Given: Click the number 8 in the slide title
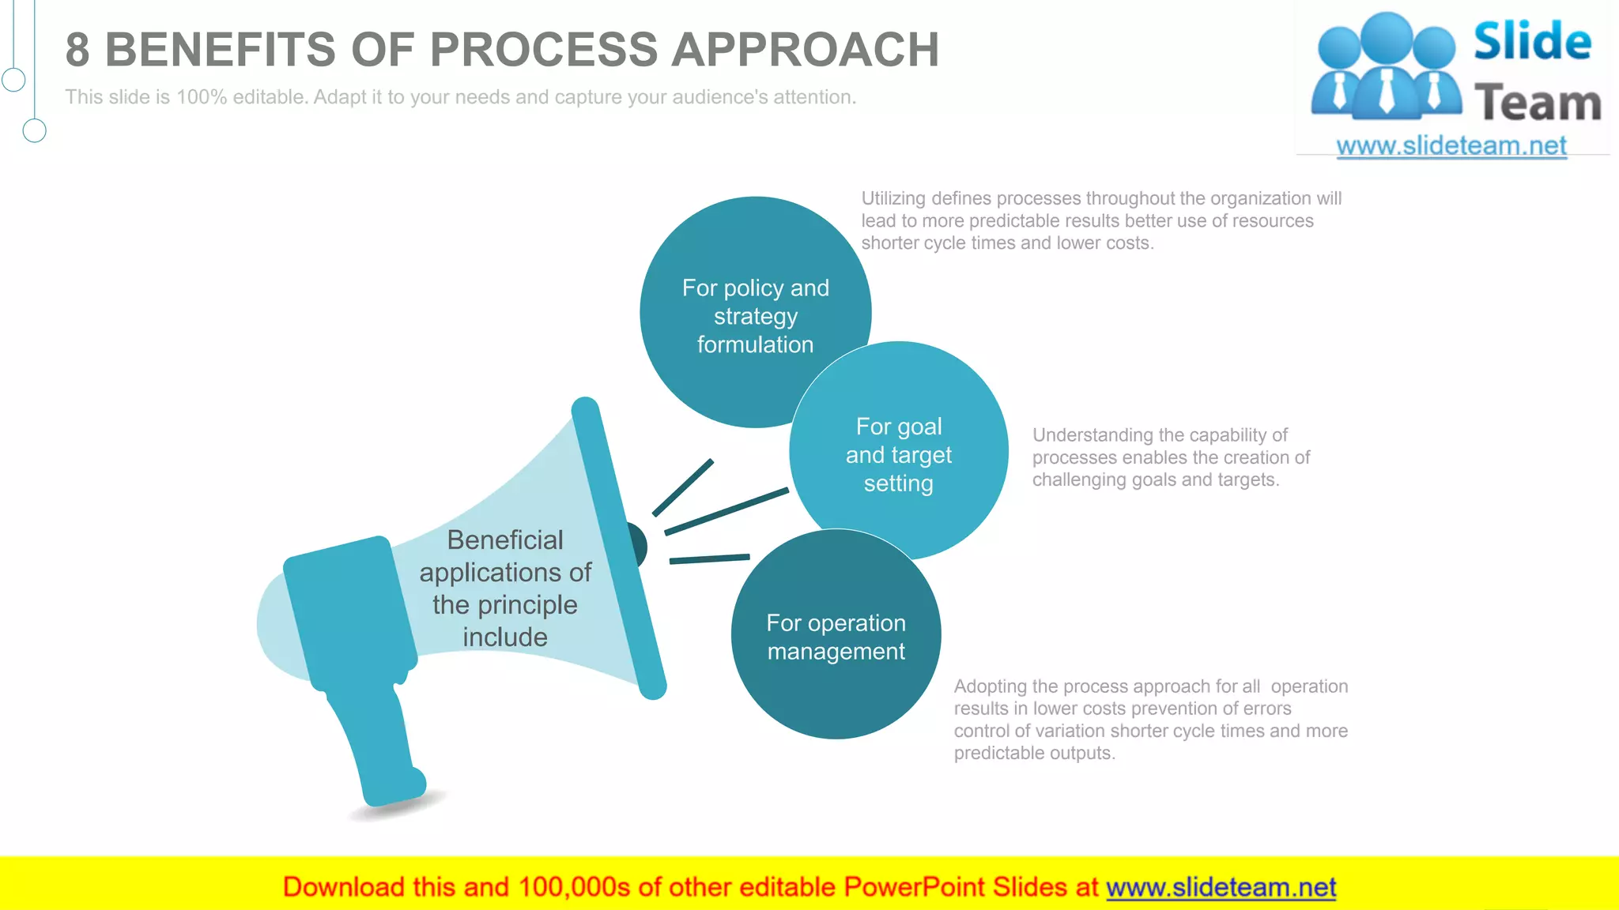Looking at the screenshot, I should (77, 50).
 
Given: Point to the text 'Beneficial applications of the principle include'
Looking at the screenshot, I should (505, 588).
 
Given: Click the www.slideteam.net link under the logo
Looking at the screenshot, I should (1451, 146).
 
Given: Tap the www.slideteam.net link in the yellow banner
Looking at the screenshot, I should (1221, 887).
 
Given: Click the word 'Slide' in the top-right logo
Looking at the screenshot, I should (1532, 41).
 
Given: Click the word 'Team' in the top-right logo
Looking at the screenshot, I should (1537, 103).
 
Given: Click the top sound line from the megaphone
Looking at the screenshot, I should (683, 487).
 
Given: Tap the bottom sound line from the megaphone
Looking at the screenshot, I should (709, 558).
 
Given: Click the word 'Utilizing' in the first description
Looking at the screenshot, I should (893, 198).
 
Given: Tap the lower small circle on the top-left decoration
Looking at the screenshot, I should (34, 130).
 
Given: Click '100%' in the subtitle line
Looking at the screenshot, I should (202, 97).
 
